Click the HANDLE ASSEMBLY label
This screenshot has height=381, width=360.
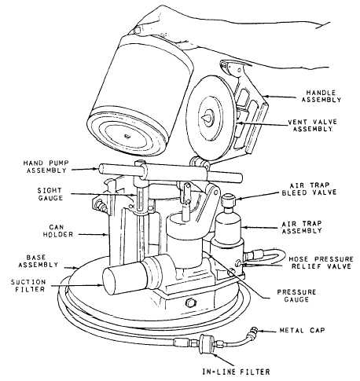point(321,97)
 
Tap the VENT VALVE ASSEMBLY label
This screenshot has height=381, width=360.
point(312,126)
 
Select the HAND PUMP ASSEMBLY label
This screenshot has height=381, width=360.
point(46,167)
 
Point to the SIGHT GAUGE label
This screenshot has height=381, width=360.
point(50,194)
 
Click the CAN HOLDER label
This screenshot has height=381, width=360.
point(58,230)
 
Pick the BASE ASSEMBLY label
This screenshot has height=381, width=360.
point(38,261)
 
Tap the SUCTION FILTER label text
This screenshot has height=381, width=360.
point(28,285)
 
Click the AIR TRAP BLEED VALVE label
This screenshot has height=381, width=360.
point(309,189)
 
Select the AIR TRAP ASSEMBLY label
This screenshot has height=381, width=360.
point(302,227)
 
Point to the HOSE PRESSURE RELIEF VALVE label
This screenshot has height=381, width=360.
point(321,262)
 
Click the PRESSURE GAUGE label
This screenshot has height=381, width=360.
point(296,295)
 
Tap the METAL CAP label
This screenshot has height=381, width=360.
point(302,330)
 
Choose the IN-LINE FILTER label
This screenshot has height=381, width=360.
point(236,372)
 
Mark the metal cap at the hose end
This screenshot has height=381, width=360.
point(253,331)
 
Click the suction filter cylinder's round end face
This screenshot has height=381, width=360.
point(112,282)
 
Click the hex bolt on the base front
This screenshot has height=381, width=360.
point(190,302)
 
